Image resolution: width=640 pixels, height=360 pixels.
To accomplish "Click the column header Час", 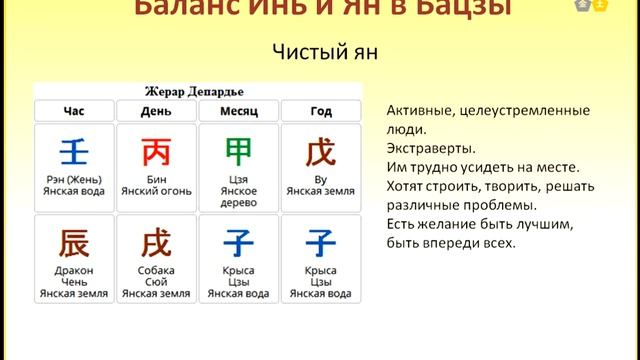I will (74, 110).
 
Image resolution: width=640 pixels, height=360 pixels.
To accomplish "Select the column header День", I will (156, 110).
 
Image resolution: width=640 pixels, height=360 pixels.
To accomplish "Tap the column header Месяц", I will (238, 110).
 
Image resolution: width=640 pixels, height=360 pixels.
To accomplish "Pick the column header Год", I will (320, 110).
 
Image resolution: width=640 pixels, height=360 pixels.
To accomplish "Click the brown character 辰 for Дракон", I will (74, 242).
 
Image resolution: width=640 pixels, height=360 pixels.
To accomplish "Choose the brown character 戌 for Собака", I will (156, 242).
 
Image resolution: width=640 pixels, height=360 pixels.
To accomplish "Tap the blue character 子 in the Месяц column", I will (238, 242).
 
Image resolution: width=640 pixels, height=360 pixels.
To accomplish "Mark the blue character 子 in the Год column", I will (320, 242).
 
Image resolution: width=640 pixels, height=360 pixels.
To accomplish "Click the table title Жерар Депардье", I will (197, 91).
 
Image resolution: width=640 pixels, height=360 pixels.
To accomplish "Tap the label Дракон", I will (74, 270).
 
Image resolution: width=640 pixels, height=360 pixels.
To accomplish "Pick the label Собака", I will (156, 270).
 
